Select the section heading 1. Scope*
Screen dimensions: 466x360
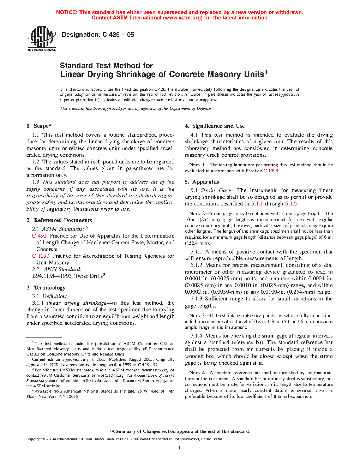coord(39,126)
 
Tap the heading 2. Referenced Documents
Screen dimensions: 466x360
coord(59,220)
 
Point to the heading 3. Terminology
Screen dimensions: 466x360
coord(46,288)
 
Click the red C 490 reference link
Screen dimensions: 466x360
coord(39,236)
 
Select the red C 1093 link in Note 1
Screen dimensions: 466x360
coord(271,171)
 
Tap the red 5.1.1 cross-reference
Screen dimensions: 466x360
coord(257,204)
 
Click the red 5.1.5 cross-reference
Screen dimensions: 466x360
coord(291,204)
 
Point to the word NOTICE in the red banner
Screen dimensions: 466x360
coord(67,12)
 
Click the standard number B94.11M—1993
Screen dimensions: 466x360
coord(52,276)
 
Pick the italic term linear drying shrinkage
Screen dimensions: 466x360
coord(77,303)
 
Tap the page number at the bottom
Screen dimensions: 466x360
coord(180,448)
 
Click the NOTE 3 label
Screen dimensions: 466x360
coord(194,316)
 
